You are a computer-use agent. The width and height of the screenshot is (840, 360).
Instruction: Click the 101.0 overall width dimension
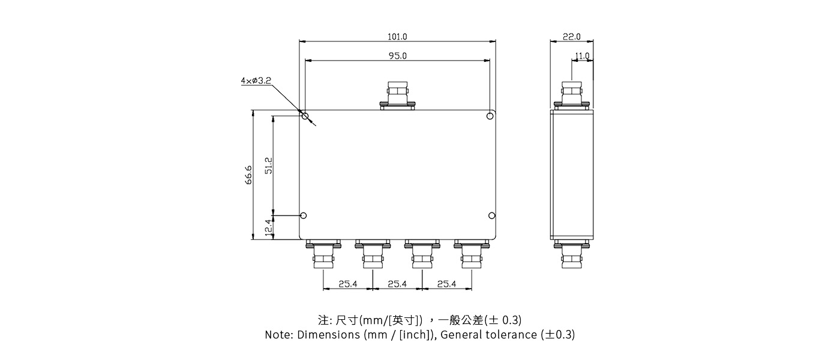397,37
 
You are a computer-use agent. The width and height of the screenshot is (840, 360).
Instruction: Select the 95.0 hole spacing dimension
397,56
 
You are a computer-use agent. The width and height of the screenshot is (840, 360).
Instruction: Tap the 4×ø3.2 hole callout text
256,80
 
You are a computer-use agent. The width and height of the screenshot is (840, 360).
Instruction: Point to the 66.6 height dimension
248,175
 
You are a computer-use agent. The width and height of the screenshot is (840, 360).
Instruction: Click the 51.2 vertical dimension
269,166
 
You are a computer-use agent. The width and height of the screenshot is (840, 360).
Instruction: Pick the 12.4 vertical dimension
269,227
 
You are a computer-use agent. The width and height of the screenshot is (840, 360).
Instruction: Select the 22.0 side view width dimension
572,37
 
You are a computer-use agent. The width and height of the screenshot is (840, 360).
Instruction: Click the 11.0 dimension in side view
582,56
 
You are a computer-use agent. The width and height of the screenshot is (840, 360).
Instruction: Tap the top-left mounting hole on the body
305,116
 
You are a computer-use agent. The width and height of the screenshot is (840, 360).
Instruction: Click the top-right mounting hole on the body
490,116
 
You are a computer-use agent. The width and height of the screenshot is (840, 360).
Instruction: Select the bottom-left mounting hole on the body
304,215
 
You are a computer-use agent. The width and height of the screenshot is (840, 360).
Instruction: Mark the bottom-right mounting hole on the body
491,215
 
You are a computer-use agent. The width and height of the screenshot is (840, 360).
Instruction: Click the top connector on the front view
397,95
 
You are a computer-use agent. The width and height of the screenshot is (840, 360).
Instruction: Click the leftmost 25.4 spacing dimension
348,284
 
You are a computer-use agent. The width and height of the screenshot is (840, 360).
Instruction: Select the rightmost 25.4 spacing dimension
446,284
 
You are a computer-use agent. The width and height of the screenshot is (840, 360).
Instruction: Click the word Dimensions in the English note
329,335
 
